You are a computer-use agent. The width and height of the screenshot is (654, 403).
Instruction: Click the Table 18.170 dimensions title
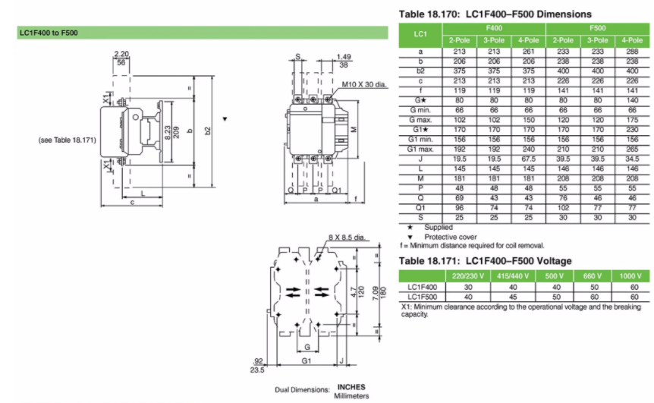click(495, 14)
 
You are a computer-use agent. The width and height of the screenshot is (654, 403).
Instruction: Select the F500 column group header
click(597, 30)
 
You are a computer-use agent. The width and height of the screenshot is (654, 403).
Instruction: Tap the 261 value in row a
click(528, 51)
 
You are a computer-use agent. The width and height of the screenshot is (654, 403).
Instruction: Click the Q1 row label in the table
click(420, 209)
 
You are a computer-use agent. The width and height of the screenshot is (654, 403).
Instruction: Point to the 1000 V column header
click(631, 275)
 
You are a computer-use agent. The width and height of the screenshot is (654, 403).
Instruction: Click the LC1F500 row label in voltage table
click(420, 297)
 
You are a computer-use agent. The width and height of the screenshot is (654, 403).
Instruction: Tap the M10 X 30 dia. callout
click(364, 85)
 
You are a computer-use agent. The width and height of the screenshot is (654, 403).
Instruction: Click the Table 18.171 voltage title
click(486, 260)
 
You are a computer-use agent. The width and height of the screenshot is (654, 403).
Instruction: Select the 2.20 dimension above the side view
click(121, 55)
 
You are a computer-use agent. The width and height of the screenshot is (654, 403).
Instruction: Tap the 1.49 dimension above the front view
click(344, 56)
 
